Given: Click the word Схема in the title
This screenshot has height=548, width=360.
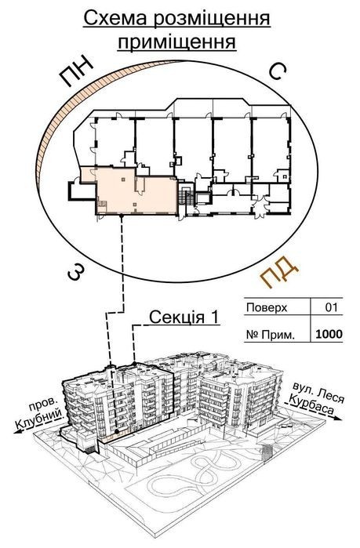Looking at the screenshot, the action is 116,19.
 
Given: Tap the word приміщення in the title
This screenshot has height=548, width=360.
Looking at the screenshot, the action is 176,42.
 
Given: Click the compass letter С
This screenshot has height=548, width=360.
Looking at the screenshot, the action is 278,71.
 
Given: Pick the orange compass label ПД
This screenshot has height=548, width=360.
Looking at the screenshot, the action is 280,272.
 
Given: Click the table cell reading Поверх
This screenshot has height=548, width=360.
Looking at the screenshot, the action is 267,308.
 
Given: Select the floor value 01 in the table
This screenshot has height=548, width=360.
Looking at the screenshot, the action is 331,307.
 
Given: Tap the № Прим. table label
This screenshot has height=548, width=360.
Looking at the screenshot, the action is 270,335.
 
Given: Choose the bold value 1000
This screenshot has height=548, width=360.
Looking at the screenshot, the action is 329,335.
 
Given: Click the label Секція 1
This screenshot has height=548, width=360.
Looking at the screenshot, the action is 184,318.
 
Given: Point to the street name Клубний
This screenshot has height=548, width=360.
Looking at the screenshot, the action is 39,421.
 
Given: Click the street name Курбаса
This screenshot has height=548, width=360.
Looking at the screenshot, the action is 310,405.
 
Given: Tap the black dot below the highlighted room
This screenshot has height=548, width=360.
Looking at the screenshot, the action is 122,216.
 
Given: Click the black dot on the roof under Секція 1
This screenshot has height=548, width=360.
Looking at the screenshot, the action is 135,364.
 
